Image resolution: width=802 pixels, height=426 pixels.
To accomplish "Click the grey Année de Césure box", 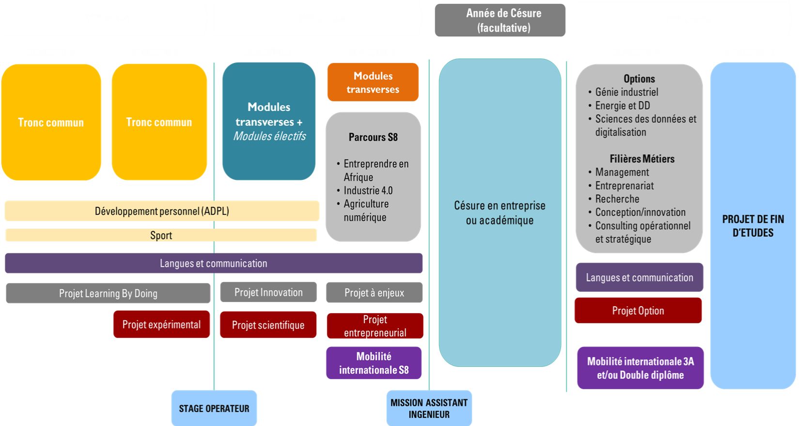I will pos(500,20).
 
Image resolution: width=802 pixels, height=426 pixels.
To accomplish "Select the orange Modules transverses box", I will pos(373,82).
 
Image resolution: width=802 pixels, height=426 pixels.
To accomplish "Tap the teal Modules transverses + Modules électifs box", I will pos(269,121).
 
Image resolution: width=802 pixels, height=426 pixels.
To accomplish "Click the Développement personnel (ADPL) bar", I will pos(162,211).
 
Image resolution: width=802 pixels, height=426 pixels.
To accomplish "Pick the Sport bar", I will pos(161,236).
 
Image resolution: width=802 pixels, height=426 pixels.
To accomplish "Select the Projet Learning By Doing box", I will pos(108,293).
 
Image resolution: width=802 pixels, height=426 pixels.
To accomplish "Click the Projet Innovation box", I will pos(268,292).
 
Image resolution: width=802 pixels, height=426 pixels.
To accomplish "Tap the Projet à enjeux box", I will pos(374,293).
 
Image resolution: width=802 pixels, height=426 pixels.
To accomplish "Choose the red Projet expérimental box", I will pos(161,324).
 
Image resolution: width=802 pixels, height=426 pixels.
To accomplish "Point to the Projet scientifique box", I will pos(268,325).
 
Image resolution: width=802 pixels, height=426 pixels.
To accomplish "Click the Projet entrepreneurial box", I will pos(375,326).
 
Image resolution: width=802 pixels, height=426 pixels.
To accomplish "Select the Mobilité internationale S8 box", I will pos(374,363).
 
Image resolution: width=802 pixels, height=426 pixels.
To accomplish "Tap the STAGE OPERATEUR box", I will pos(214,409).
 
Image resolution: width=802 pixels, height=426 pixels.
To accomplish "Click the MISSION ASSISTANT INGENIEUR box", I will pos(429,409).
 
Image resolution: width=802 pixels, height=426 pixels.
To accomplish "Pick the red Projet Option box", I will pos(638,311).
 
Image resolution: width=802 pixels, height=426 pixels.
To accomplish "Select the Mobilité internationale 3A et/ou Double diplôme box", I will pos(640,368).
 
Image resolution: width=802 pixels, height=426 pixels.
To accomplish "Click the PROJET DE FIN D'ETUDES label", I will pos(753,226).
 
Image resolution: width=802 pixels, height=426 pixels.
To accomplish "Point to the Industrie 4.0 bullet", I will pos(368,190).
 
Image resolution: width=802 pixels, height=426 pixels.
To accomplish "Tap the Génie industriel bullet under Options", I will pos(627,92).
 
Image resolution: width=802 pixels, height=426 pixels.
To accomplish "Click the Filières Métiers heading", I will pos(642,159).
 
